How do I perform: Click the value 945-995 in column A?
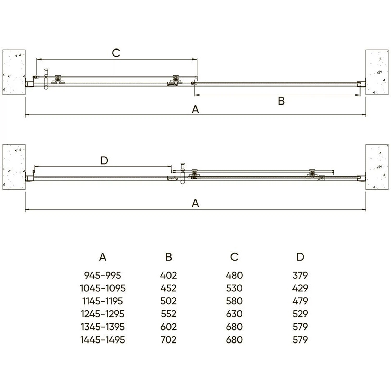click(x=102, y=275)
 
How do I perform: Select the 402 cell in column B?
click(x=168, y=275)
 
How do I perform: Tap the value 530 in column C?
click(x=234, y=288)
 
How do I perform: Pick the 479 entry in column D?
click(x=300, y=301)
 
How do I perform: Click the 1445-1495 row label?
click(x=102, y=340)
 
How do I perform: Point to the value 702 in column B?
click(x=168, y=340)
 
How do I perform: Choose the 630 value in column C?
click(x=234, y=314)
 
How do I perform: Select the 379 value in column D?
click(x=300, y=275)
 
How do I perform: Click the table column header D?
click(x=300, y=257)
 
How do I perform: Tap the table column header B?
click(x=169, y=257)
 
